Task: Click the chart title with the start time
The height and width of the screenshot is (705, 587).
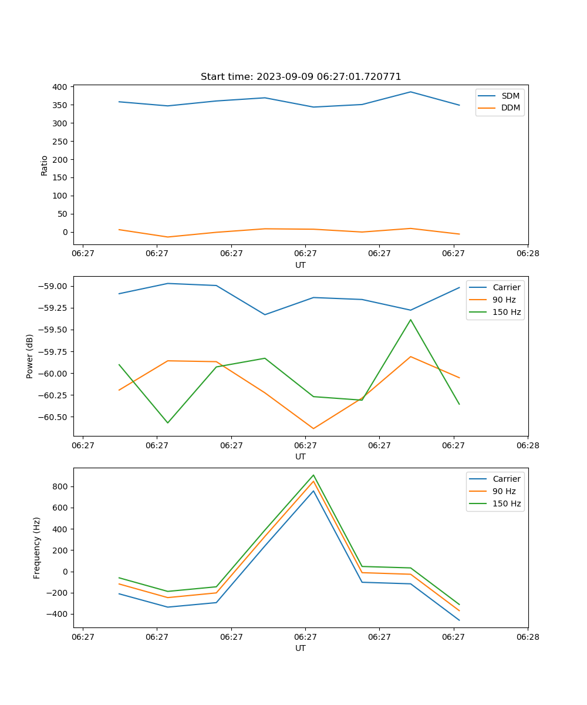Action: (x=301, y=76)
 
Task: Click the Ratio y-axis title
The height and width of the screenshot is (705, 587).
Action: (x=45, y=165)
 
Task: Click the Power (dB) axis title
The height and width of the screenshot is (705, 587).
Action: (x=30, y=356)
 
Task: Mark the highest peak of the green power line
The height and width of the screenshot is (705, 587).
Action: (x=410, y=320)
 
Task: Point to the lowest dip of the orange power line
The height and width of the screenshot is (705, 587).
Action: (x=313, y=428)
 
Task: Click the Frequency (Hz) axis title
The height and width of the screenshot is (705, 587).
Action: (x=37, y=548)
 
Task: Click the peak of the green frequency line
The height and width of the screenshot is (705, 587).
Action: (x=313, y=475)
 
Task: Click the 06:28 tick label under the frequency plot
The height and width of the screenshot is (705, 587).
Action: (x=527, y=636)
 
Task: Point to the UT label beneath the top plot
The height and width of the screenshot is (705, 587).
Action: (x=301, y=265)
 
